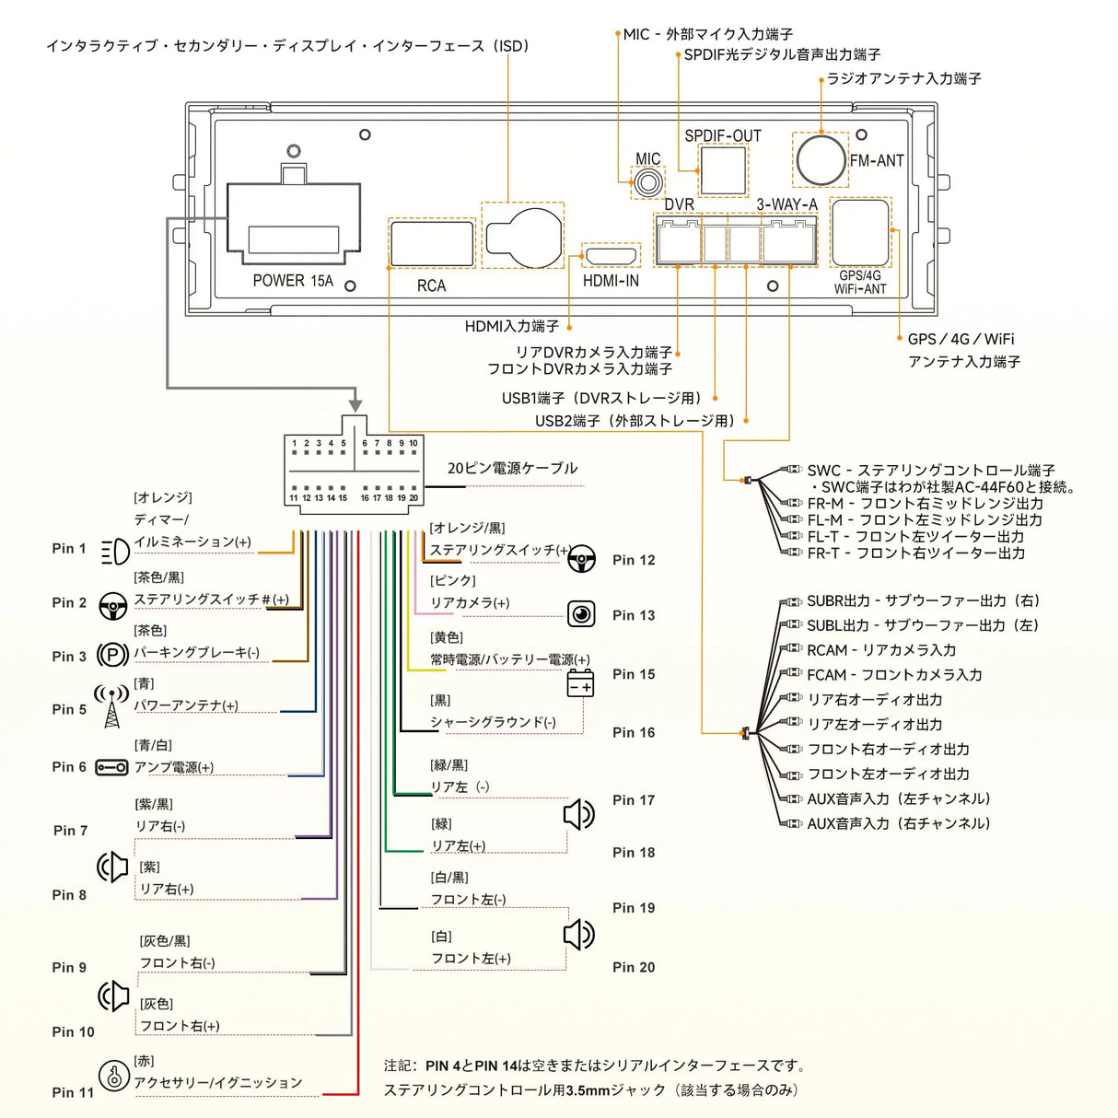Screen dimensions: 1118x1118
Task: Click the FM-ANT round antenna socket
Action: click(820, 159)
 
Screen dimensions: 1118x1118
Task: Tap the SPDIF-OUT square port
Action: click(723, 170)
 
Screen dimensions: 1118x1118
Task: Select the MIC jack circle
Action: click(647, 182)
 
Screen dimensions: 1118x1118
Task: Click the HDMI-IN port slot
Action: click(611, 255)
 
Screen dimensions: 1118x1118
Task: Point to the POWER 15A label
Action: click(293, 281)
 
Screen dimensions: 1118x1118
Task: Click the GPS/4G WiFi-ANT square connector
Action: click(860, 232)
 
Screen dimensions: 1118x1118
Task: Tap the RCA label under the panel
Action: click(431, 286)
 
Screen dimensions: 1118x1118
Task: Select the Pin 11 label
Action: click(73, 1092)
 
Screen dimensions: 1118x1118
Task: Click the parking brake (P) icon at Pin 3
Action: click(112, 655)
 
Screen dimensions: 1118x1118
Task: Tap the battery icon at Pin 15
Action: click(580, 684)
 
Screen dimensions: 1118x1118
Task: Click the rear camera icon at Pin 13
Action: click(581, 613)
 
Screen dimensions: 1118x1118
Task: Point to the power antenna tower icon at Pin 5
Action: click(111, 705)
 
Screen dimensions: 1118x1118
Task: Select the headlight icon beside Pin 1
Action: click(115, 551)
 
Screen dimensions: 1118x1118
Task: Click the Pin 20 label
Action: click(634, 967)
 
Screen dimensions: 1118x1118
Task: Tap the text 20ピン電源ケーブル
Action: click(512, 468)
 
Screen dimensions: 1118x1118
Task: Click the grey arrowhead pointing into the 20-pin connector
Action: click(355, 405)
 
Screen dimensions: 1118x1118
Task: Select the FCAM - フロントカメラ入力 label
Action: click(894, 675)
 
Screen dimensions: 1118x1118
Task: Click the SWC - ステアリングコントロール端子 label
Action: click(930, 471)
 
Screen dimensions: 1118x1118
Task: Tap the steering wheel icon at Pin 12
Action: click(582, 558)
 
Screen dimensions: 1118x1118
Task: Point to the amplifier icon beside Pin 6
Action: click(112, 767)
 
